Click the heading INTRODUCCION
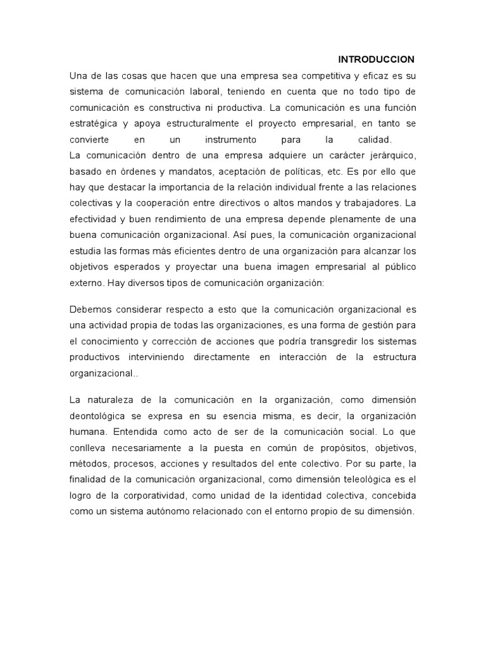(376, 59)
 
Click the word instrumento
(231, 139)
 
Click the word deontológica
(103, 416)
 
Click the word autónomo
(168, 511)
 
